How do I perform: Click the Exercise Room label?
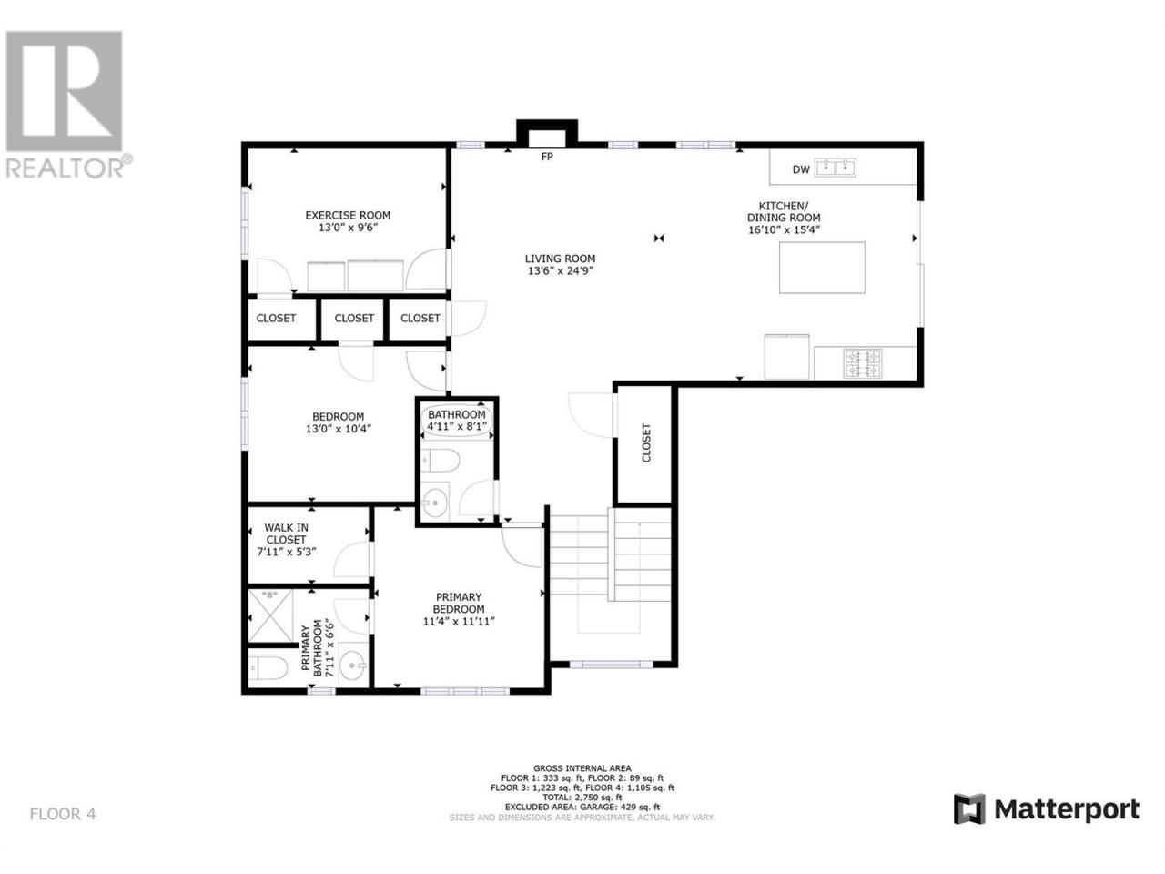tap(347, 215)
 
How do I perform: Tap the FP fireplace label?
tap(546, 157)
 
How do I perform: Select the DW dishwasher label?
tap(800, 169)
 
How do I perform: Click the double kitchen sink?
tap(835, 168)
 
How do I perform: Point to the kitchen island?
tap(822, 268)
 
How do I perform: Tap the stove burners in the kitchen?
tap(863, 363)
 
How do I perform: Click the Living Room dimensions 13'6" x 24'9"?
tap(560, 270)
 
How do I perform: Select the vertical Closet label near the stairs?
tap(646, 442)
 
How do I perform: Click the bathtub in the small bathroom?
tap(457, 421)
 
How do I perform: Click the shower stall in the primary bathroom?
tap(270, 615)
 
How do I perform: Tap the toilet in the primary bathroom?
tap(268, 667)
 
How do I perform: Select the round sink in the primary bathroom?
tap(352, 665)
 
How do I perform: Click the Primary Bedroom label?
tap(459, 603)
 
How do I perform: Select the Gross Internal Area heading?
tap(582, 767)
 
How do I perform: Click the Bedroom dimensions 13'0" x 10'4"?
tap(338, 429)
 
